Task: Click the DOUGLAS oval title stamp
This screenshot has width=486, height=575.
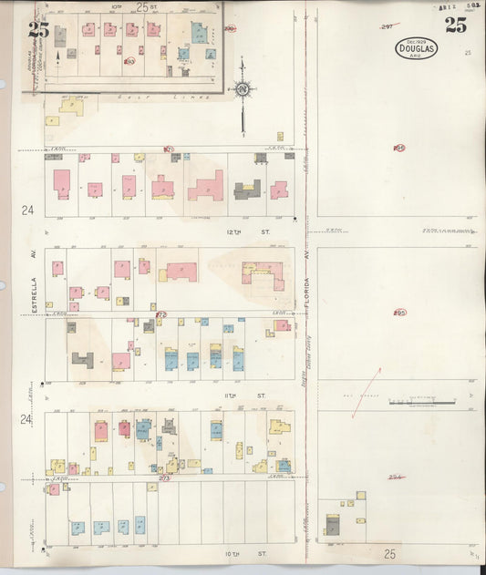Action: point(416,48)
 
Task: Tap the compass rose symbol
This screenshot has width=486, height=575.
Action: point(243,89)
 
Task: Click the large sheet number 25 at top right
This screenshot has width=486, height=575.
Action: point(456,25)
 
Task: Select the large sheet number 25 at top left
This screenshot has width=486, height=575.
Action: point(37,29)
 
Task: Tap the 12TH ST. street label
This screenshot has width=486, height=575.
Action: point(238,231)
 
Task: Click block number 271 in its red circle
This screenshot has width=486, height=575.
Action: point(169,148)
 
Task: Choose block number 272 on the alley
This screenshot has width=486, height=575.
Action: point(161,313)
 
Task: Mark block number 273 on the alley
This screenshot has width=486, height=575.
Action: point(164,477)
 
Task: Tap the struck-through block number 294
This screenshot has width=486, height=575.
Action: point(396,477)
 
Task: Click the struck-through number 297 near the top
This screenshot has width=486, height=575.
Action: point(388,27)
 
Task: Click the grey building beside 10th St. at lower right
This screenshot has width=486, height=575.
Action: point(332,526)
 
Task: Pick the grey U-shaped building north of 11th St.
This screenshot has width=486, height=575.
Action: point(83,359)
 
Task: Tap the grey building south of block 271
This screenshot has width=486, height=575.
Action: point(247,190)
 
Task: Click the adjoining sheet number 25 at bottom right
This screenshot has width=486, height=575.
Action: point(389,552)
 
